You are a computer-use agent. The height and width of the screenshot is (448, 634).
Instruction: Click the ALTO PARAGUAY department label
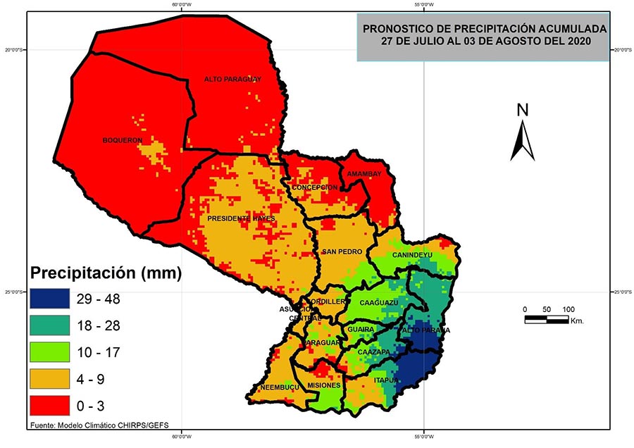tap(232, 80)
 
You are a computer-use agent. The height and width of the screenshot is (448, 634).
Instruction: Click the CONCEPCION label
tap(316, 187)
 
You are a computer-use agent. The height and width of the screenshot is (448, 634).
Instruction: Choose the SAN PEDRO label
tap(341, 251)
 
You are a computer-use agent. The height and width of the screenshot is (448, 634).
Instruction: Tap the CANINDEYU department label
tap(413, 254)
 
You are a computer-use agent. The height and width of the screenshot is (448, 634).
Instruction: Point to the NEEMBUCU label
tap(280, 387)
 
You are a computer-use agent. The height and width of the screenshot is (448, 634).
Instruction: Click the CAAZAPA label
tap(373, 351)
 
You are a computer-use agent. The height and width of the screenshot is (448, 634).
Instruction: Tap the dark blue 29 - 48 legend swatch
tap(49, 299)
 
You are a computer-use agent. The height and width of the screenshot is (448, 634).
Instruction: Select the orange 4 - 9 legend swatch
tap(49, 379)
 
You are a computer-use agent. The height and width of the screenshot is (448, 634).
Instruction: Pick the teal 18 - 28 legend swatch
tap(49, 325)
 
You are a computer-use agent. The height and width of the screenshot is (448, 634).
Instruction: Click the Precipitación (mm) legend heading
tap(105, 272)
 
